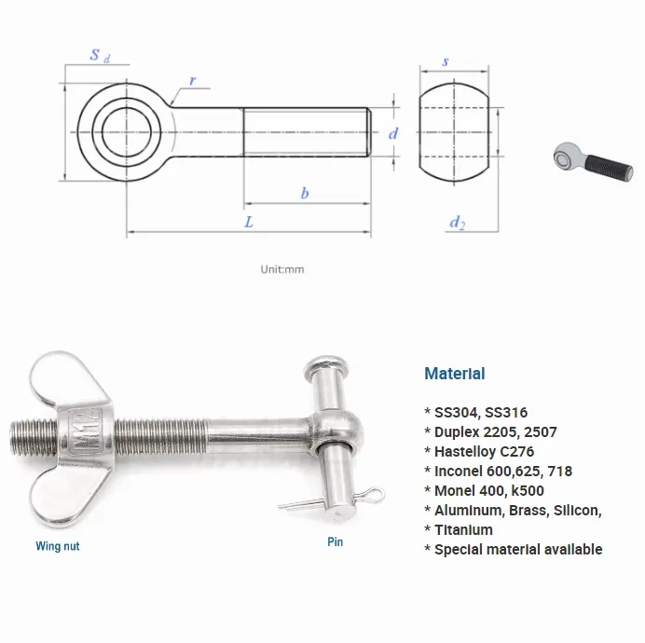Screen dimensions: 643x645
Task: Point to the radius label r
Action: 192,80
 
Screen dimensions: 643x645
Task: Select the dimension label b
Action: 304,193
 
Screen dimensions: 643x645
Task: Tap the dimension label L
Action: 248,222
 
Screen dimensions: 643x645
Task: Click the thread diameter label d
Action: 393,133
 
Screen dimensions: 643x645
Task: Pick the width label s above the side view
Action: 446,61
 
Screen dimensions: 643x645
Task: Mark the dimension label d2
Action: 457,222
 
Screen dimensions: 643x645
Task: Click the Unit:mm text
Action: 282,269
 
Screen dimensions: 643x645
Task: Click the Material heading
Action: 454,374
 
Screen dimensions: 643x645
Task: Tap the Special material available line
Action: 517,549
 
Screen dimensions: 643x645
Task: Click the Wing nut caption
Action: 58,546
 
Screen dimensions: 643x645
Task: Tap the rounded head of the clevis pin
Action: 325,363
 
